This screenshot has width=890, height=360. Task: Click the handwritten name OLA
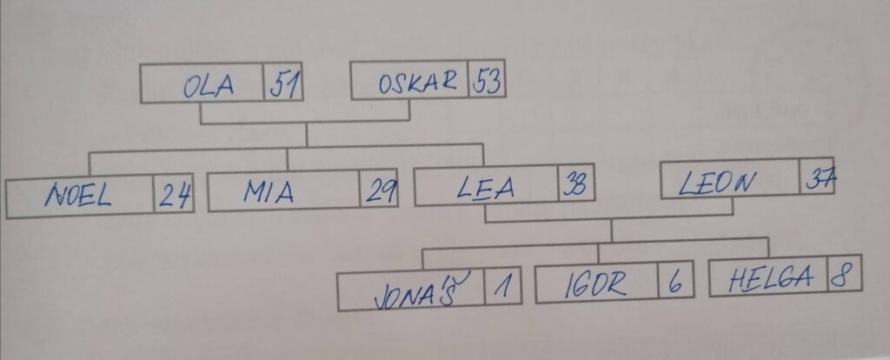(x=209, y=86)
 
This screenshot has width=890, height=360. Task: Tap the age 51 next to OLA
(x=285, y=85)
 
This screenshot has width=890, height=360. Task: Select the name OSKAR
(x=417, y=83)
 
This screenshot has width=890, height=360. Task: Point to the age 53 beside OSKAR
(x=488, y=82)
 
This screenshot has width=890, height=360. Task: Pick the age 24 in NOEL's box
(x=175, y=197)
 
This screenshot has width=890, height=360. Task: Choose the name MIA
(x=269, y=192)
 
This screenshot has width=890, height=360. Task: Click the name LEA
(x=486, y=188)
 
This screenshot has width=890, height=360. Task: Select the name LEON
(x=718, y=183)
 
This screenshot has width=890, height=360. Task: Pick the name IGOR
(x=595, y=284)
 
